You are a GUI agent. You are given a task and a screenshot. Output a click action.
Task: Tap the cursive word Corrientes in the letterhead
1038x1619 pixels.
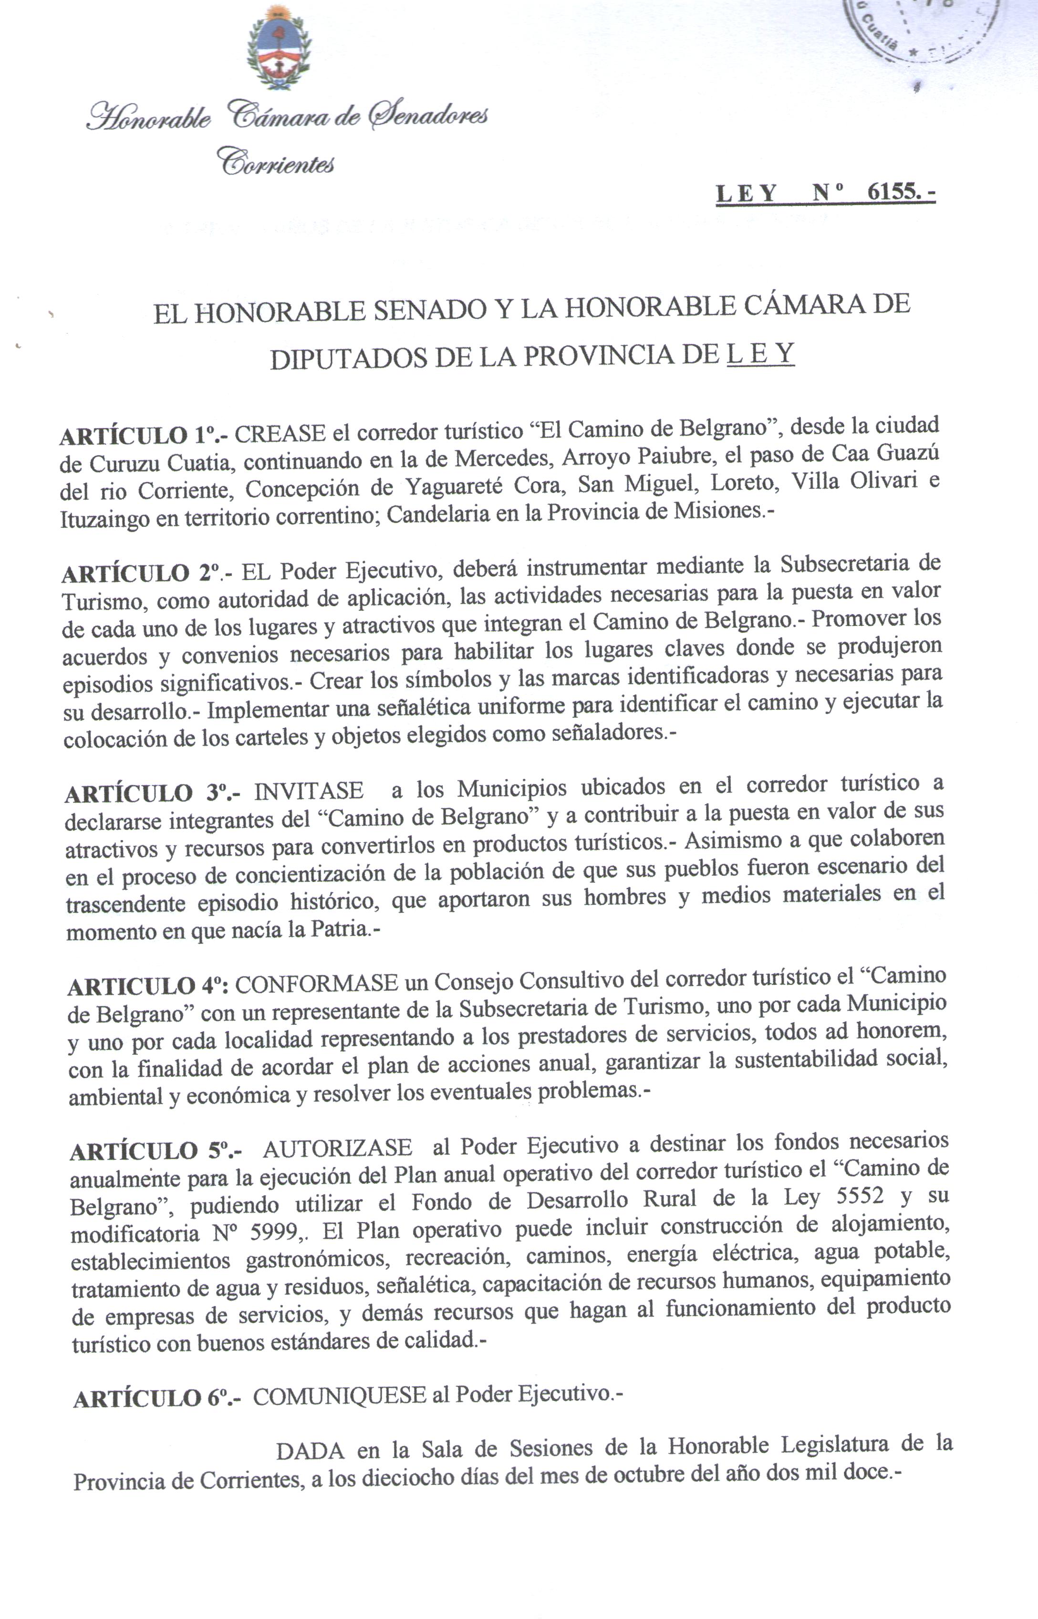tap(276, 162)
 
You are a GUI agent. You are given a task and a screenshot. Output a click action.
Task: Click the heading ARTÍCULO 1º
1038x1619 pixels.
tap(144, 436)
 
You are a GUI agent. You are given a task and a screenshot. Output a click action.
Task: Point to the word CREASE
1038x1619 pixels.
tap(280, 433)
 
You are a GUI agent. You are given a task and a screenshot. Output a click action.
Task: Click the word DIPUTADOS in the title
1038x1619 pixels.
tap(349, 360)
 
